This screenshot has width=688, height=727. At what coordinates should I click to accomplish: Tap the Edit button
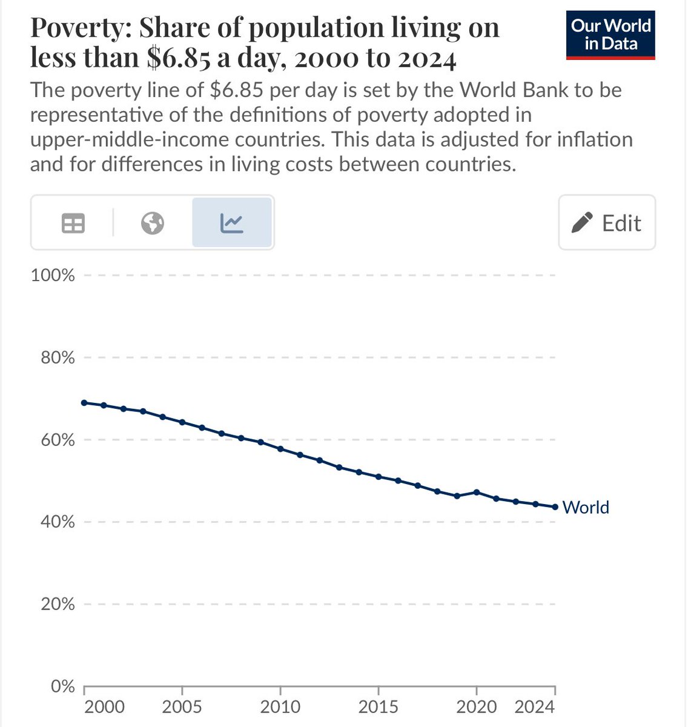(607, 223)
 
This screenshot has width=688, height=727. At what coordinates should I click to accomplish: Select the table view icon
(73, 224)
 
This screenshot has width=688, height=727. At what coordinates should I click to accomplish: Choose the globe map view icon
(153, 224)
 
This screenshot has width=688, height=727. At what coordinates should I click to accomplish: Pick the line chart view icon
(232, 224)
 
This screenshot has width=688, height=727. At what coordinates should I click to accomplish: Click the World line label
(586, 507)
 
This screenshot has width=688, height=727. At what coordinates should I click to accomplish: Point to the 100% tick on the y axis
(53, 276)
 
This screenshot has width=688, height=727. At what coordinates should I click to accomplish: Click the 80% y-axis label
(55, 358)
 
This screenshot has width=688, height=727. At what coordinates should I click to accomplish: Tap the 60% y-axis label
(55, 440)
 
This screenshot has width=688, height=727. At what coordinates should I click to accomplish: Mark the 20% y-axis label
(55, 604)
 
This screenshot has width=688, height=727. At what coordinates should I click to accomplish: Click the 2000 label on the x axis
(104, 707)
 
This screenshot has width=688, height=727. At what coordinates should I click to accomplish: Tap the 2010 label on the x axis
(280, 707)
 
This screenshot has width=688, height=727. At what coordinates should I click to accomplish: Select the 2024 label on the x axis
(534, 707)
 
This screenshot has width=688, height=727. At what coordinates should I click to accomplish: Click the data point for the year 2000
(84, 403)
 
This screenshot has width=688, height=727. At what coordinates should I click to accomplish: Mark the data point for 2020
(477, 492)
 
